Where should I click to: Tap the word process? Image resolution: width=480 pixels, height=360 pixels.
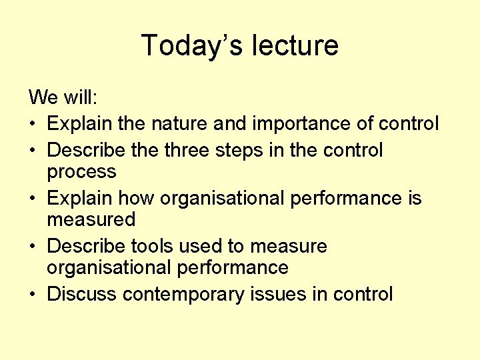click(x=81, y=173)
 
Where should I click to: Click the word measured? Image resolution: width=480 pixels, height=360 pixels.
click(x=91, y=219)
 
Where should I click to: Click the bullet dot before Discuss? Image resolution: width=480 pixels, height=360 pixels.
click(x=33, y=295)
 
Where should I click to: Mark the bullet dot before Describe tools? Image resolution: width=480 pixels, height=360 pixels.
click(x=33, y=247)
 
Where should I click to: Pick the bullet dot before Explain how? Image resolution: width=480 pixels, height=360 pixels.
click(x=33, y=199)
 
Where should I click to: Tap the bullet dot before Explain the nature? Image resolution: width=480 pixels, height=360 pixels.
click(x=33, y=125)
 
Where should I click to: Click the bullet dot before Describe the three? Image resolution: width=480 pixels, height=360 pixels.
click(x=33, y=151)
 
